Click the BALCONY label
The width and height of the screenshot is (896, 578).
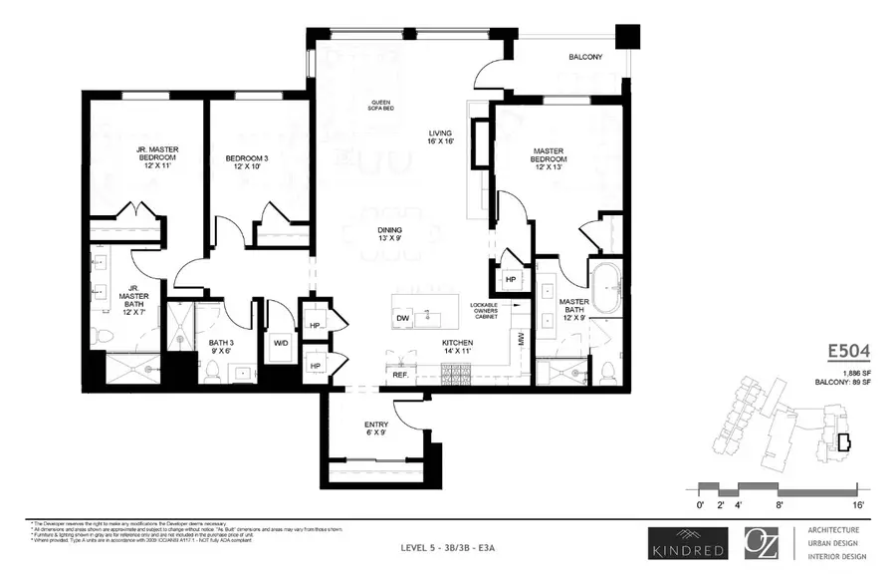584,57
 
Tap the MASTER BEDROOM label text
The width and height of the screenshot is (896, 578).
549,159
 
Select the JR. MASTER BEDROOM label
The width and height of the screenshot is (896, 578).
156,158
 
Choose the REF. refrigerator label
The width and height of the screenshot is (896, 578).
400,377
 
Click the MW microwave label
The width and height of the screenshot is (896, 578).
520,339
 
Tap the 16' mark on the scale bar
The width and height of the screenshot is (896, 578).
856,505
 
